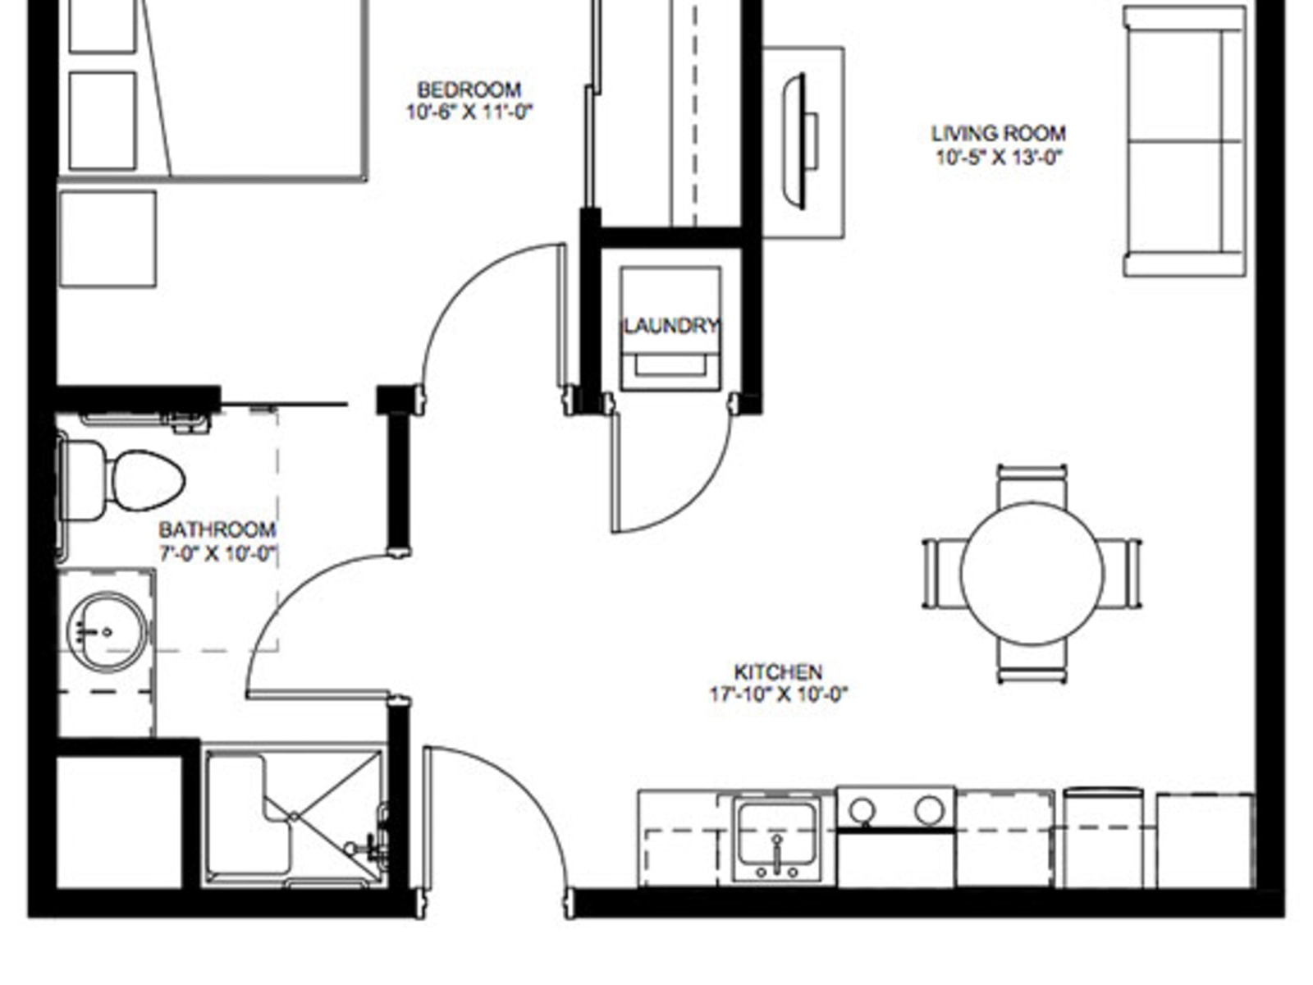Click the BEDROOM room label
click(x=469, y=90)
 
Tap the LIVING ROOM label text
click(x=999, y=133)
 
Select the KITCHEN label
click(x=778, y=672)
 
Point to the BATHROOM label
click(x=217, y=530)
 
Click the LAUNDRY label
click(x=670, y=326)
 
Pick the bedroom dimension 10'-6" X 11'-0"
click(x=469, y=112)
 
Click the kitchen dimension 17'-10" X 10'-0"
click(x=779, y=694)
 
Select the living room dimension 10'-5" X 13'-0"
click(x=999, y=158)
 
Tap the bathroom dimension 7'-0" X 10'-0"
click(x=217, y=553)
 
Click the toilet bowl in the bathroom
click(x=147, y=481)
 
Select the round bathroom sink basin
click(x=107, y=631)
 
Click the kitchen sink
click(x=776, y=841)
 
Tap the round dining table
click(x=1032, y=574)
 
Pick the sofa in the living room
click(x=1185, y=141)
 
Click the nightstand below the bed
click(x=108, y=239)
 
